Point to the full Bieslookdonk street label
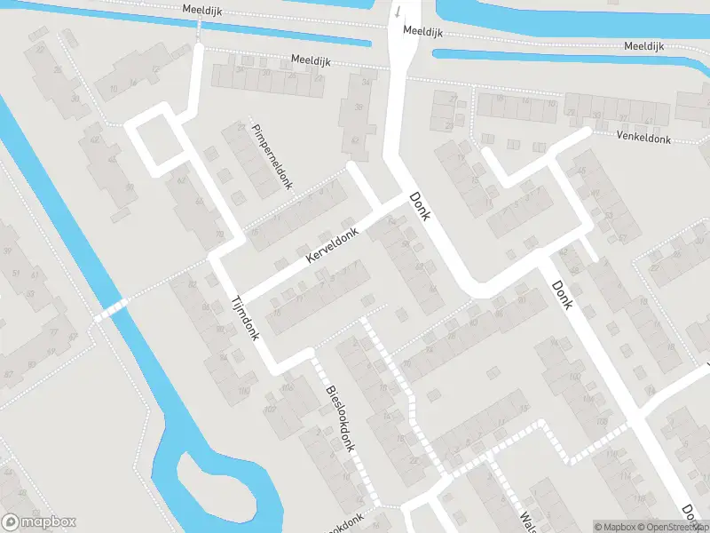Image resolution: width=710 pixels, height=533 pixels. click(340, 418)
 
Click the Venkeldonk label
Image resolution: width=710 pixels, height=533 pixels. click(646, 136)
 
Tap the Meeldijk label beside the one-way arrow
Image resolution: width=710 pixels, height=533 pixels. click(422, 30)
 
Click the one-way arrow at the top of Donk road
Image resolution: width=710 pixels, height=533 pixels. click(398, 12)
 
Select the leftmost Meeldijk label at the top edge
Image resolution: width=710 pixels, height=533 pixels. click(201, 9)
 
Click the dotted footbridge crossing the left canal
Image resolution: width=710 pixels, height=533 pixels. click(111, 310)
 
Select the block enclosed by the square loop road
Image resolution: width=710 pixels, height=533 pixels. click(157, 140)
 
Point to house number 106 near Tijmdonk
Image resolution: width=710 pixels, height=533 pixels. click(287, 388)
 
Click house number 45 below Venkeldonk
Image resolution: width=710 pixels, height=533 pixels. click(582, 170)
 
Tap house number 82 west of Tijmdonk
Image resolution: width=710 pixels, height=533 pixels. click(192, 284)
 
